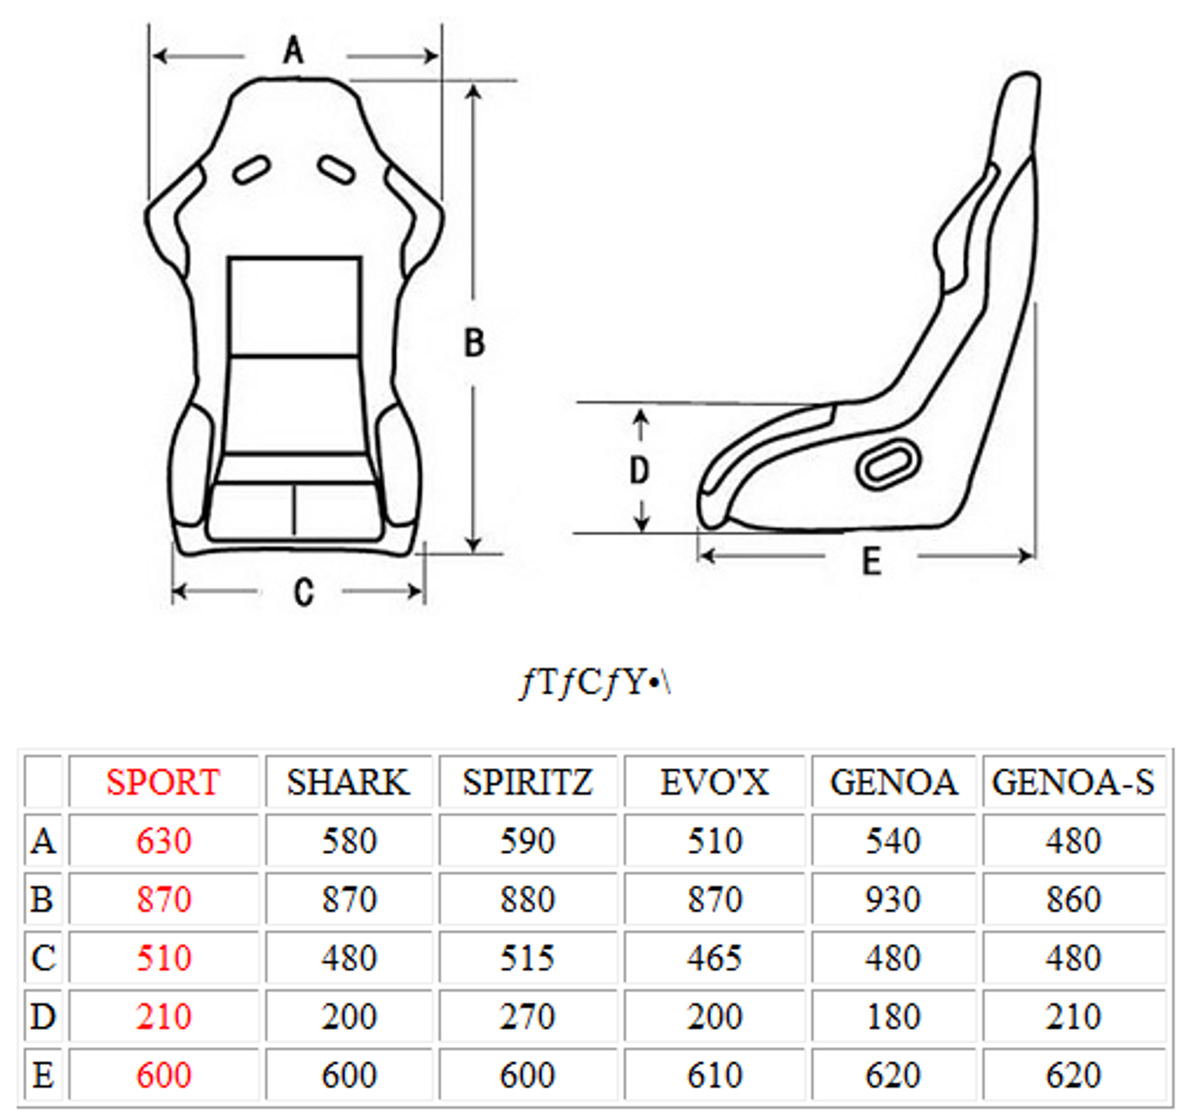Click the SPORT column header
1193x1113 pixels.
pos(163,782)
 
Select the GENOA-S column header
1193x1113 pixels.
pos(1073,782)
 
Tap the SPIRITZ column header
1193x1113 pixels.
pos(528,782)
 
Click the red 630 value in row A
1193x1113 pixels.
pos(164,840)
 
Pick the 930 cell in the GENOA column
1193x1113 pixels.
pos(893,899)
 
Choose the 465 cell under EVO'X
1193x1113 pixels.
pos(715,957)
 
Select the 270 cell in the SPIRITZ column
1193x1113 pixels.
pos(528,1016)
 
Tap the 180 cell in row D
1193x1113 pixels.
pos(893,1016)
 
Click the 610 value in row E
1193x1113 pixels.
pos(715,1075)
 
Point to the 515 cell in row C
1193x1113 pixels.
pos(528,957)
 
